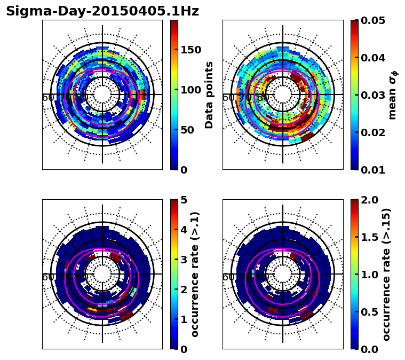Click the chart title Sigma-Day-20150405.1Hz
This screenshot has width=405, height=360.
click(x=102, y=12)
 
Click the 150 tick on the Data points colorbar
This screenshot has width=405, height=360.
click(x=190, y=50)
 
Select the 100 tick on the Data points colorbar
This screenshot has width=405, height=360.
click(x=190, y=90)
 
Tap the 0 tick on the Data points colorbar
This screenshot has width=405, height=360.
click(x=184, y=170)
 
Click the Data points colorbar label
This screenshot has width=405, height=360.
click(x=209, y=95)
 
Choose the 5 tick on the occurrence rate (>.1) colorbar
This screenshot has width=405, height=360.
click(x=184, y=200)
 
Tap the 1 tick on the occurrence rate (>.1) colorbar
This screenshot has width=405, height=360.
click(x=184, y=319)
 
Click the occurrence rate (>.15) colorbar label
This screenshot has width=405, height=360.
click(x=386, y=274)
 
